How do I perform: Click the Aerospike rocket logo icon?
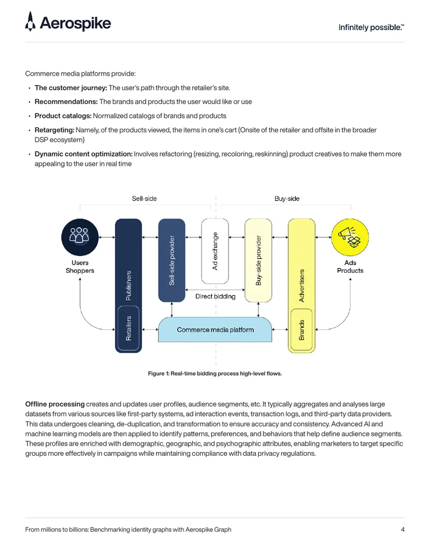(31, 22)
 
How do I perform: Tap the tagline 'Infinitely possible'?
(371, 27)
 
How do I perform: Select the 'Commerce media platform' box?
(215, 330)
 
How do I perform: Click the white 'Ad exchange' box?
(215, 251)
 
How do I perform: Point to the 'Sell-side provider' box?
(171, 260)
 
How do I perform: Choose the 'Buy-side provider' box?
(259, 260)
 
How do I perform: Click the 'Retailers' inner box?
(128, 328)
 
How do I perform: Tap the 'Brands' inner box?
(302, 330)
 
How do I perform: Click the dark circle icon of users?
(80, 237)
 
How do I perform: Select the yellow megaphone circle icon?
(350, 237)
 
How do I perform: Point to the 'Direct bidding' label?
(216, 297)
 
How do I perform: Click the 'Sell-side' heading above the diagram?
(144, 199)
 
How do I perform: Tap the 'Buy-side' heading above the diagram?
(287, 199)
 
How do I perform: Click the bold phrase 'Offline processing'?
(55, 404)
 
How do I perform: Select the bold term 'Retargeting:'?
(55, 130)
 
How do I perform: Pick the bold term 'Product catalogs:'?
(63, 116)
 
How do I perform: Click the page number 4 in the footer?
(403, 530)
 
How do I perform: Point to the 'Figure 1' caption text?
(214, 373)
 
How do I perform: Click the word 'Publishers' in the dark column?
(128, 286)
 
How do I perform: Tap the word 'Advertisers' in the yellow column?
(302, 286)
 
